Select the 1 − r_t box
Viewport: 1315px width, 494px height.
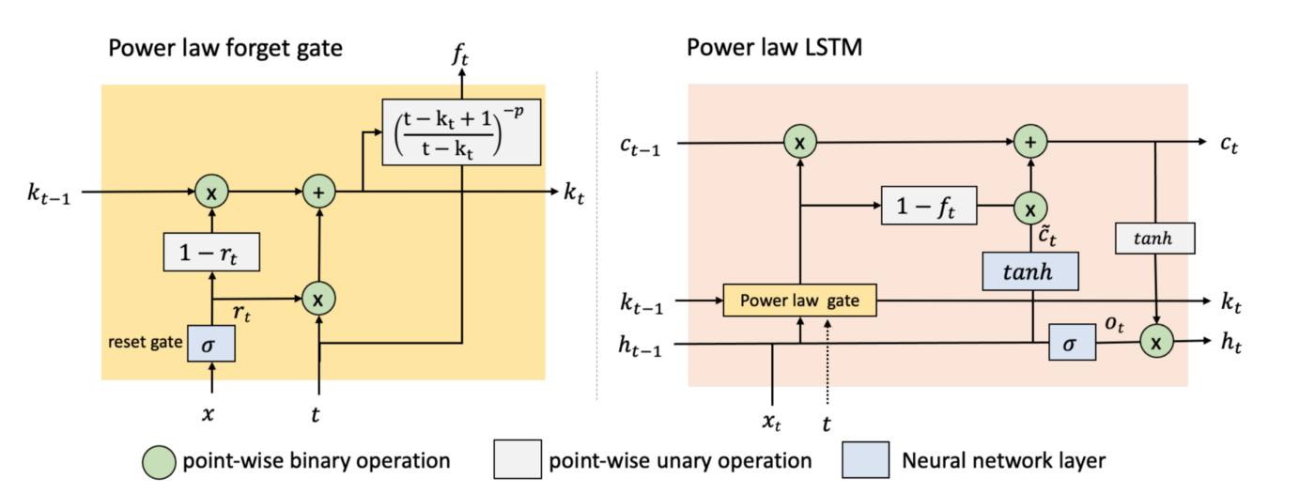211,251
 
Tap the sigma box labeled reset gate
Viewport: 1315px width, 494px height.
210,344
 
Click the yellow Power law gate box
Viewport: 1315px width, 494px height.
798,300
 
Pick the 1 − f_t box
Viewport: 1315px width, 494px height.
928,206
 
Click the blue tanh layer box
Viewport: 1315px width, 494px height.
1030,270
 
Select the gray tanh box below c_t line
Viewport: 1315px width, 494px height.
1154,238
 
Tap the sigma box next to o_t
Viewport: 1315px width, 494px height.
1073,345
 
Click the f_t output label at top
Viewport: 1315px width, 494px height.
460,57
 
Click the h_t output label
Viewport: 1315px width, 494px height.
1232,344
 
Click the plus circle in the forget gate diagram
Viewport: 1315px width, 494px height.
320,193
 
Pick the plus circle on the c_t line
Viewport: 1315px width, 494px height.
1030,143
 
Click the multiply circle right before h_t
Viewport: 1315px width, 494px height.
1156,344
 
